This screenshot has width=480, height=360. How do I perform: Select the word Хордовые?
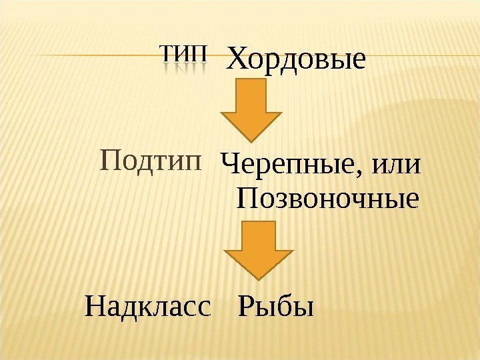click(297, 59)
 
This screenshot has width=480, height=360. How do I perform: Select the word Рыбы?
click(275, 308)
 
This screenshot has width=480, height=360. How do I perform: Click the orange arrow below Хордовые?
click(250, 107)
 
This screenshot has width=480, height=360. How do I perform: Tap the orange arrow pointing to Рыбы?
click(258, 249)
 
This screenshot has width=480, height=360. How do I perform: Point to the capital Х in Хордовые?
click(237, 59)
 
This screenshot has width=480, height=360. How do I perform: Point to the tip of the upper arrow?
click(251, 137)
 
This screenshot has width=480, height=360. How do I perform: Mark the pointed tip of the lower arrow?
click(258, 277)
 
